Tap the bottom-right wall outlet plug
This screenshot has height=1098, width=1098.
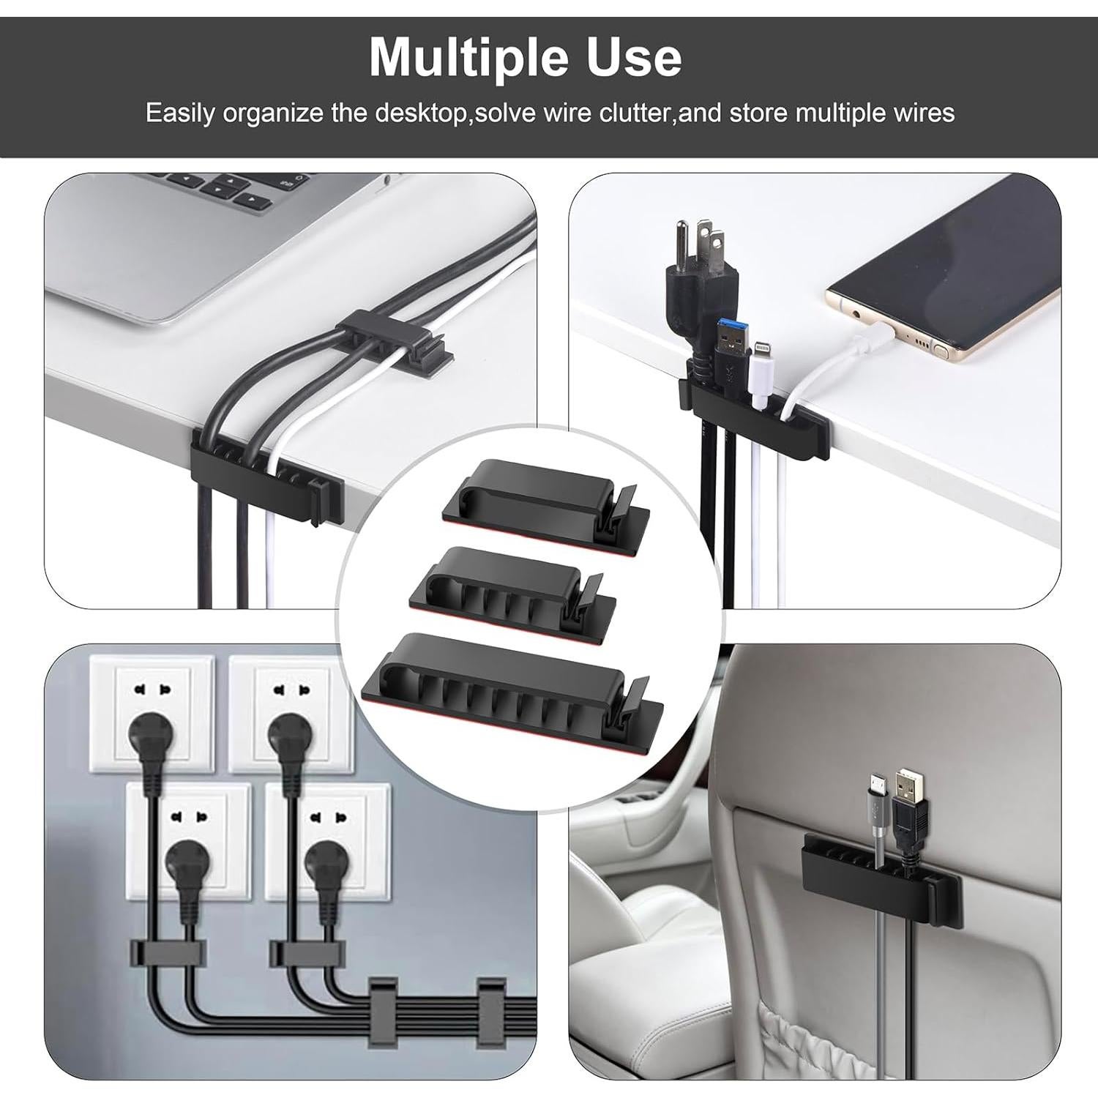click(322, 864)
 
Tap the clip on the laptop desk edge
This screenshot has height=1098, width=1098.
click(267, 476)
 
